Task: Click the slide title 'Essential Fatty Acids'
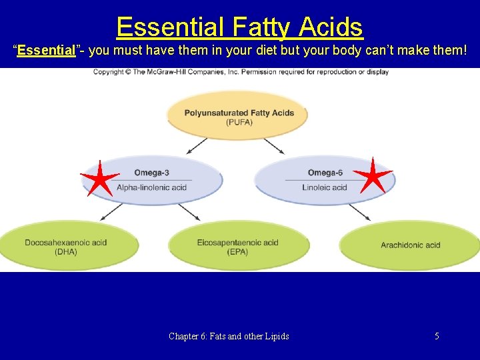(239, 27)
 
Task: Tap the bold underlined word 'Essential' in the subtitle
(47, 50)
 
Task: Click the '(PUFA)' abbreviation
(239, 123)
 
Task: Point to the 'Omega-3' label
(151, 173)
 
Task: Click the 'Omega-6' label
(325, 173)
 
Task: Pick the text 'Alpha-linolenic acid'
(151, 187)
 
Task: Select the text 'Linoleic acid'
(325, 187)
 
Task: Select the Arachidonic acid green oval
(410, 245)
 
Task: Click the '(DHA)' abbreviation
(66, 252)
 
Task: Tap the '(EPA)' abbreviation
(237, 252)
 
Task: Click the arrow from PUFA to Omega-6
(275, 145)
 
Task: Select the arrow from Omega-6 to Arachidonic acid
(360, 211)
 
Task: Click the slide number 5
(437, 336)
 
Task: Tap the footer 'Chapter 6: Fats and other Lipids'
(229, 336)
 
